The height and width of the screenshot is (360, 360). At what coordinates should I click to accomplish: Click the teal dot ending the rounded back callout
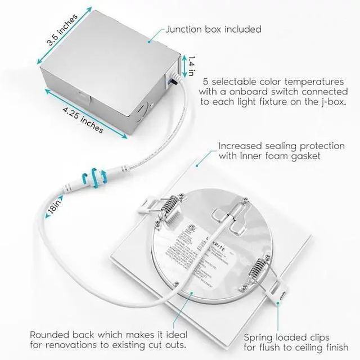(190, 292)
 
